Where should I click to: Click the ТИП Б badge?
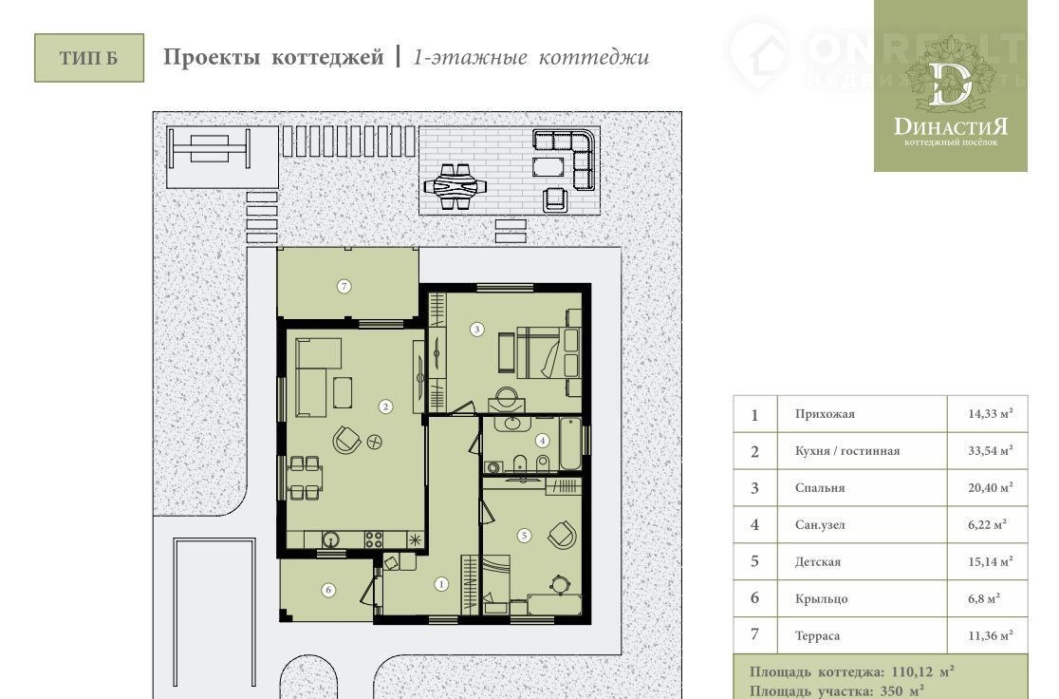tap(89, 58)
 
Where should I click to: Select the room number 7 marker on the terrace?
tap(344, 287)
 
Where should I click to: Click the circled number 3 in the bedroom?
tap(476, 330)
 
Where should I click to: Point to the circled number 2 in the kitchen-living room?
tap(385, 406)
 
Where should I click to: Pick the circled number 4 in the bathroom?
tap(543, 441)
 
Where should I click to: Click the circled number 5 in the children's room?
tap(524, 536)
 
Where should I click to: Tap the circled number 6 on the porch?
tap(328, 590)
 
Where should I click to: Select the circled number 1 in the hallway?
tap(441, 584)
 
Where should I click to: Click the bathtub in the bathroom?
tap(570, 444)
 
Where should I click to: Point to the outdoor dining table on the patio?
tap(455, 186)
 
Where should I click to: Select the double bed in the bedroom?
tap(548, 352)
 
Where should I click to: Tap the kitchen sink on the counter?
tap(330, 539)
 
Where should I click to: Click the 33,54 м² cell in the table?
tap(990, 450)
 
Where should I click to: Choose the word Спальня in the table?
tap(820, 487)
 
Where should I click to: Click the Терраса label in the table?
tap(817, 635)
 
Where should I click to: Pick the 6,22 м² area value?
tap(987, 524)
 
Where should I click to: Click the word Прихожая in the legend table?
tap(825, 414)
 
